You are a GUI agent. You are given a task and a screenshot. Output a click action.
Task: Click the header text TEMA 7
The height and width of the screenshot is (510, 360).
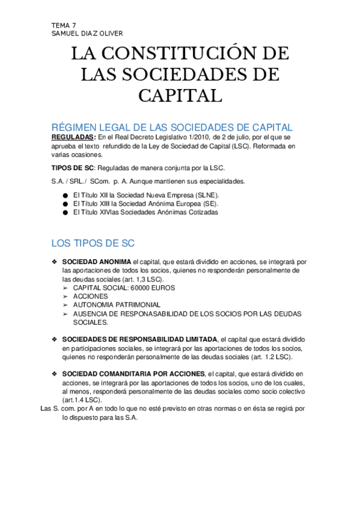(x=64, y=25)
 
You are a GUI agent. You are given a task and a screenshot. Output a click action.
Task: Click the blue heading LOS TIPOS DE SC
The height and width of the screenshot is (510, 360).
(x=93, y=244)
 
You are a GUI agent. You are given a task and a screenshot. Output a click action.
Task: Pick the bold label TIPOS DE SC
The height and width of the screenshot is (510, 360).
(x=73, y=167)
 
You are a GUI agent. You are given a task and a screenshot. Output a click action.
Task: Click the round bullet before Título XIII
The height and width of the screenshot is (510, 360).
(x=65, y=204)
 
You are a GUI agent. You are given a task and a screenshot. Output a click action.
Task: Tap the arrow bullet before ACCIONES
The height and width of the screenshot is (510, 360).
(x=66, y=296)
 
